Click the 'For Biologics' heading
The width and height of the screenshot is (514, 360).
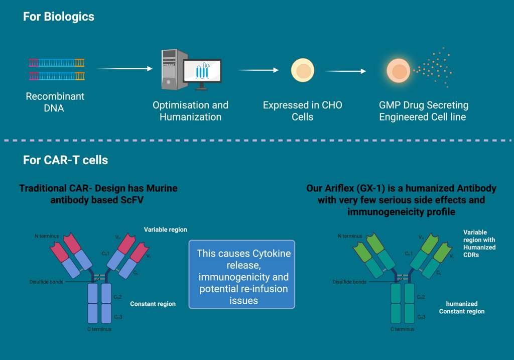[x=58, y=17]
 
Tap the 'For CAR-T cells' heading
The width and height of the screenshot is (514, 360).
[x=65, y=160]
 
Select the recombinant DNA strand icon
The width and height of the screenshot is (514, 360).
[x=56, y=69]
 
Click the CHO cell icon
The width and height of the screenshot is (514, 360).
[x=303, y=71]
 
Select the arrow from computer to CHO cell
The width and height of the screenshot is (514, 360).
[x=258, y=70]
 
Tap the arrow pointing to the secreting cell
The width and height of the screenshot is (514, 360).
[x=346, y=71]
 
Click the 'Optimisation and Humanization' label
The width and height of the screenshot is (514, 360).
[x=190, y=111]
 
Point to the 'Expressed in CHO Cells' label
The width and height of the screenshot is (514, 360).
[x=303, y=111]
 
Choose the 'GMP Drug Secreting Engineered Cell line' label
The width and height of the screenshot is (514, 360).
[x=423, y=111]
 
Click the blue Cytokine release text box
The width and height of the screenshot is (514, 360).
[x=242, y=275]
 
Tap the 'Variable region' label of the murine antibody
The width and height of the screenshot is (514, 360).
[x=165, y=229]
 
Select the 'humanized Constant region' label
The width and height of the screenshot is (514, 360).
[x=462, y=307]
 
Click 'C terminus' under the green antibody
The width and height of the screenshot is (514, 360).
[x=402, y=329]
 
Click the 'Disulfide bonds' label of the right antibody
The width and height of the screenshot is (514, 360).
[x=349, y=282]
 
